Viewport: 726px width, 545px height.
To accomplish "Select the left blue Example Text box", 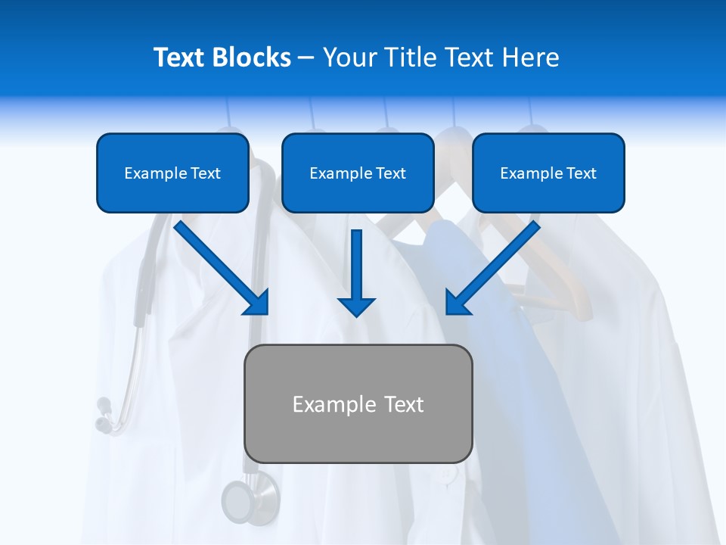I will pos(172,173).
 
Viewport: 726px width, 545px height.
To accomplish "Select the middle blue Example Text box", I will pos(358,173).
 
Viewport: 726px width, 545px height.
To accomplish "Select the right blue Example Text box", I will pos(548,173).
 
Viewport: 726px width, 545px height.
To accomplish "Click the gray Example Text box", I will pos(358,403).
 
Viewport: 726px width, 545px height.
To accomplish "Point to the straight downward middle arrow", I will pos(356,269).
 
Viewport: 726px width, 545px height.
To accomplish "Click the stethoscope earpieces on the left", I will pos(104,415).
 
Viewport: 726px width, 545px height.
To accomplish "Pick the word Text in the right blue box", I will pos(581,173).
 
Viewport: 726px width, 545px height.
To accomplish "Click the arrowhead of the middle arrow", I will pos(356,306).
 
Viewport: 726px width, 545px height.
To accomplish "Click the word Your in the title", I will pos(348,58).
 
